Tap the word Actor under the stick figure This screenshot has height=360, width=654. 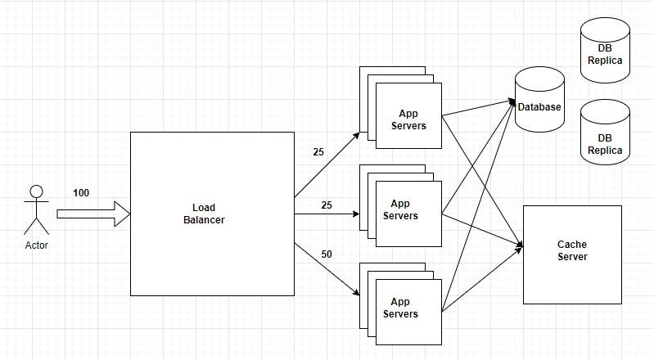coord(37,245)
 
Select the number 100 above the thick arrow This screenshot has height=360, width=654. coord(81,193)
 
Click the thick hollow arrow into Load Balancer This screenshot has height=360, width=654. coord(93,214)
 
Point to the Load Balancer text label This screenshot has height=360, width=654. coord(204,214)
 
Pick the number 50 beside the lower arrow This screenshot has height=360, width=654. coord(327,254)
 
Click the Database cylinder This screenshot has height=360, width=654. coord(539,99)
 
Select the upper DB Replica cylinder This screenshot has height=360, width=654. coord(605,50)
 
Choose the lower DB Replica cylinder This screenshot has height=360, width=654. coord(605,132)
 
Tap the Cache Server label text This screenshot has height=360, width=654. coord(572,250)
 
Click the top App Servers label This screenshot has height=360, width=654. coord(408,119)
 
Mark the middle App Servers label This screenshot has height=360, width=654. coord(400,209)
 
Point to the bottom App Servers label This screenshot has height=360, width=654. coord(400,308)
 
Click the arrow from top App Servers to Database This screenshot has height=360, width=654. coord(478,108)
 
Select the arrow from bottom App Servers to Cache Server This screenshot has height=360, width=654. coord(482,280)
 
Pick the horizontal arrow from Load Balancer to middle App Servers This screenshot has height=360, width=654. coord(327,214)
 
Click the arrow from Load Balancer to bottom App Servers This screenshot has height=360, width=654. coord(327,269)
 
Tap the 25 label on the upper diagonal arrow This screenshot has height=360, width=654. coord(318,152)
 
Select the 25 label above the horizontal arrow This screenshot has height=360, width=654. coord(327,205)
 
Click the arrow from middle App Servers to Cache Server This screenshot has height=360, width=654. coord(482,230)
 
